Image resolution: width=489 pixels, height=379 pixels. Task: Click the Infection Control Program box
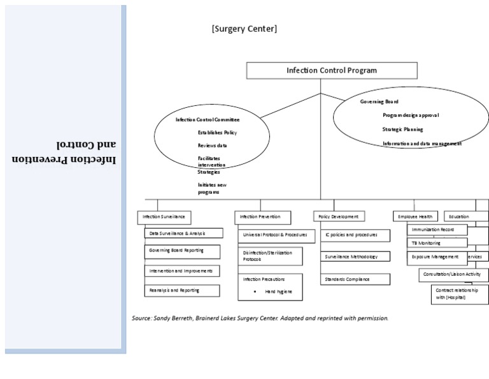[331, 71]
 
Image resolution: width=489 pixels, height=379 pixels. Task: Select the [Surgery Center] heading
[244, 29]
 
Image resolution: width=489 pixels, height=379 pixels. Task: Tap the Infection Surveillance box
[164, 217]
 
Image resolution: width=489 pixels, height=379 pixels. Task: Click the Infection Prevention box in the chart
[262, 217]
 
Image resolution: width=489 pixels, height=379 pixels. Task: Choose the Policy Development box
[339, 217]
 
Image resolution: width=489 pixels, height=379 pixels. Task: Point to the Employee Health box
[415, 217]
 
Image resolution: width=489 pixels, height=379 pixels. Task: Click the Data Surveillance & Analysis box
[183, 234]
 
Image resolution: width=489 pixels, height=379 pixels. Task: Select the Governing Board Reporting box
[182, 251]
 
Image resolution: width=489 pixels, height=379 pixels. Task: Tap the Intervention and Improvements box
[182, 271]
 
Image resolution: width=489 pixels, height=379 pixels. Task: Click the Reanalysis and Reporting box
[182, 290]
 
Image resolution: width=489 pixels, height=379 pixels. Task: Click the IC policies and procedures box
[355, 235]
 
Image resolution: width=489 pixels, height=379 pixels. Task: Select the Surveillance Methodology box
[355, 256]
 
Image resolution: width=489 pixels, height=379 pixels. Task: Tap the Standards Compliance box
[355, 279]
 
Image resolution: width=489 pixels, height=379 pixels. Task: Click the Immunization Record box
[437, 229]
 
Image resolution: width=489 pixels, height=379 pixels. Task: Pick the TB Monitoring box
[437, 243]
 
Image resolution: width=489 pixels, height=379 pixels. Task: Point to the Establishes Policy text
[217, 133]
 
